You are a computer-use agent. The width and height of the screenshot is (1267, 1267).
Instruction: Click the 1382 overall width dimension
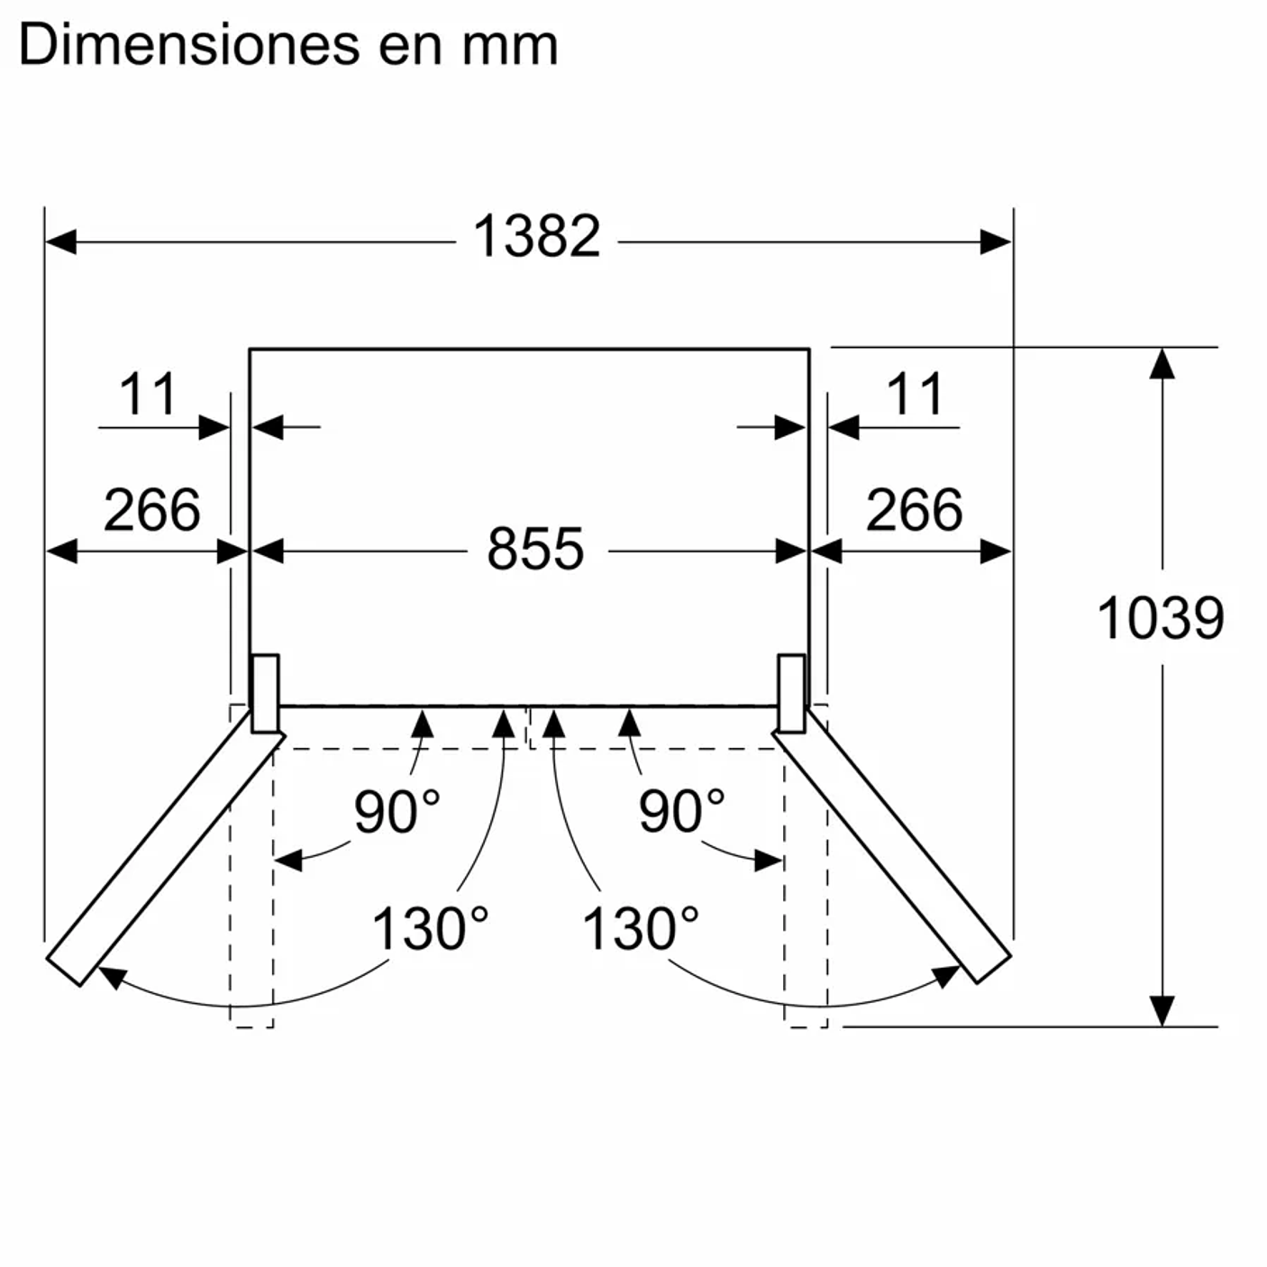[x=536, y=236]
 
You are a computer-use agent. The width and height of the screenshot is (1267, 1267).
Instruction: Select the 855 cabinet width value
[x=535, y=549]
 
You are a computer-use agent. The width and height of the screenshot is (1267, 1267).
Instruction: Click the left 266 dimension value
[x=152, y=509]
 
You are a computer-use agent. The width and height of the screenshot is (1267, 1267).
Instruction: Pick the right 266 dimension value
[x=914, y=509]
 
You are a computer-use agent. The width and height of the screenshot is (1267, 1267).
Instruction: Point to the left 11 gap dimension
[x=148, y=394]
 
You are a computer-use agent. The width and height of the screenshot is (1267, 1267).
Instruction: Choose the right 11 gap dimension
[x=916, y=394]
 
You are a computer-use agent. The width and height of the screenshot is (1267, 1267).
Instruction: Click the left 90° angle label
[x=397, y=811]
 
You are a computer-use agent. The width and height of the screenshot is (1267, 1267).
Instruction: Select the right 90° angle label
[x=681, y=811]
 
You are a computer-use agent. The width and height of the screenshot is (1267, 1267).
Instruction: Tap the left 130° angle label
[x=430, y=928]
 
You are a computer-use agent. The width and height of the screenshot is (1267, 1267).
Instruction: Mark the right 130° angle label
[x=641, y=928]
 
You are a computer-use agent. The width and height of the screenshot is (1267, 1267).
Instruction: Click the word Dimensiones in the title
[x=190, y=45]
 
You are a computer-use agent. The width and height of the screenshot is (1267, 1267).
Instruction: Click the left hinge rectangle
[x=266, y=694]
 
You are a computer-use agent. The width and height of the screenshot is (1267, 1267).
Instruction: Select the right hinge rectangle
[x=791, y=694]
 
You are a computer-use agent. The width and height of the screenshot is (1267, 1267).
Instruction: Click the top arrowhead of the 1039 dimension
[x=1162, y=363]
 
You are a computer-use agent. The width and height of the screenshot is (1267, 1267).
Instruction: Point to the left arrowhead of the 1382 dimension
[x=60, y=242]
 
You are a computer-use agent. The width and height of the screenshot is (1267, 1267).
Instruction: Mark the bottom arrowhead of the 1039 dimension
[x=1162, y=1010]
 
